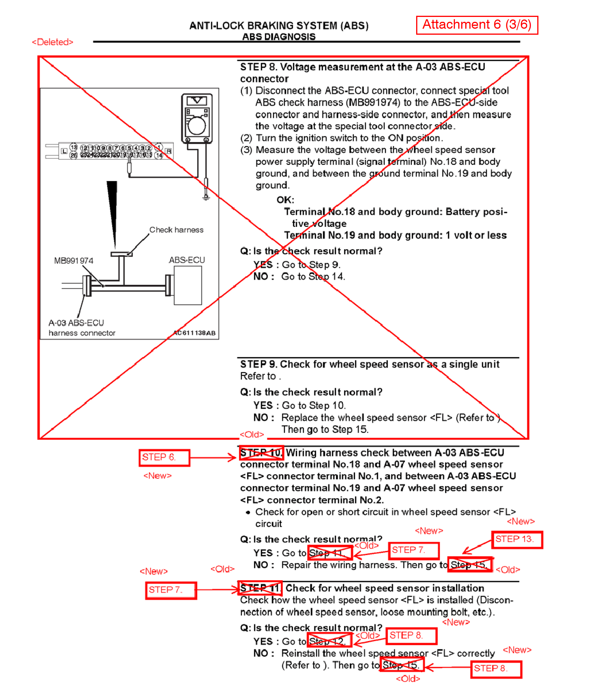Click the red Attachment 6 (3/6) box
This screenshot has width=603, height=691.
coord(476,25)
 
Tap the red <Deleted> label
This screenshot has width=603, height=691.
coord(53,42)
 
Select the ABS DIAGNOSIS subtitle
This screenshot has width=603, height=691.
coord(279,37)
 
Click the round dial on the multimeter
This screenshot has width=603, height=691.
coord(197,126)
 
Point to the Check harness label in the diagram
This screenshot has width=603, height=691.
coord(176,230)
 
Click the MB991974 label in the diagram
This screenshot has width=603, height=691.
coord(74,261)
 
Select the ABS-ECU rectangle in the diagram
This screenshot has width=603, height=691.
coord(187,285)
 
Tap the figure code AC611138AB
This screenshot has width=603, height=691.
coord(195,333)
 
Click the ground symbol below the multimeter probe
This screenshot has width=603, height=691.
coord(206,198)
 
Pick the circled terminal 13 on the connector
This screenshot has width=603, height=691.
coord(73,147)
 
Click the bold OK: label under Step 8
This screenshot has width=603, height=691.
coord(285,200)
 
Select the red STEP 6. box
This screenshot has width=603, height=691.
coord(164,457)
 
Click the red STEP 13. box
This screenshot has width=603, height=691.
coord(517,539)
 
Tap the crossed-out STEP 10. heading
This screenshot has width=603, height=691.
coord(261,453)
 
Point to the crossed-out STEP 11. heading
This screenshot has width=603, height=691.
coord(260,588)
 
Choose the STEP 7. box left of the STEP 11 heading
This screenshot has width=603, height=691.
coord(171,590)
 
